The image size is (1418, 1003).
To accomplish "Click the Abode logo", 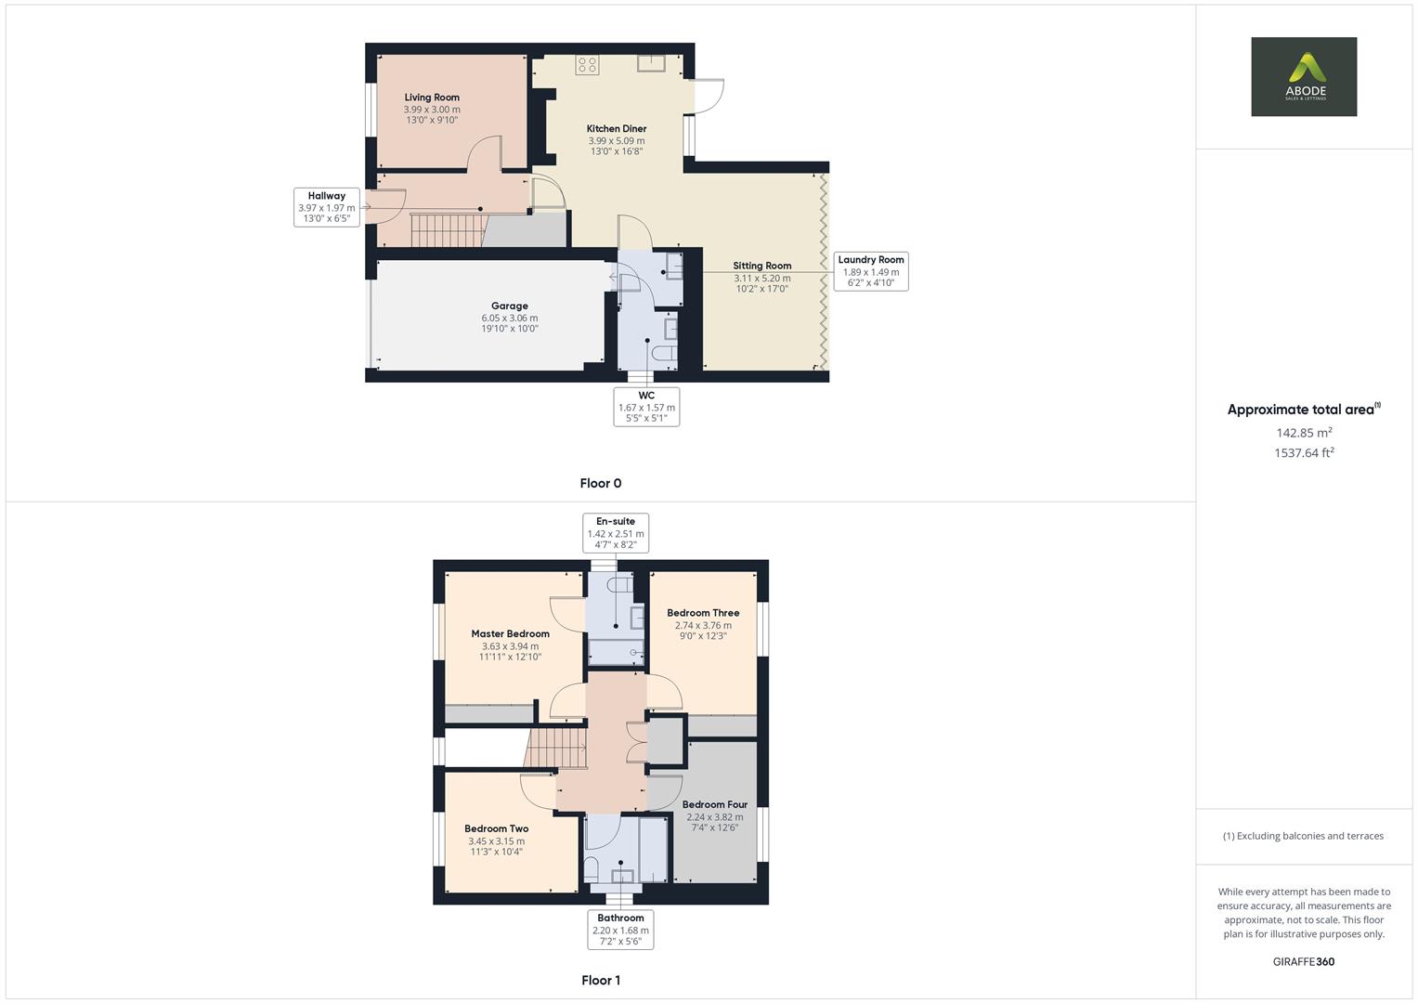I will click(1303, 76).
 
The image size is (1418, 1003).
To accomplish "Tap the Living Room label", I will click(432, 98).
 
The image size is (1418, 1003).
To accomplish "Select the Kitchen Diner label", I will click(616, 129).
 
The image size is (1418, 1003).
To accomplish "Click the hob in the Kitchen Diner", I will click(587, 64).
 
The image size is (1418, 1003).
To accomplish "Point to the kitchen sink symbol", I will click(650, 62).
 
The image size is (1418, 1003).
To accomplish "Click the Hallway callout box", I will click(327, 208).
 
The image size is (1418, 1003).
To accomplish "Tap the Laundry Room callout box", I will click(870, 271).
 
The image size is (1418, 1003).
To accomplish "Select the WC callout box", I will click(646, 407).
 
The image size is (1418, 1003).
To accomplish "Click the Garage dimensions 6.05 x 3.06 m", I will click(509, 318).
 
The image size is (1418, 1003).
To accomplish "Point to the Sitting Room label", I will click(761, 266).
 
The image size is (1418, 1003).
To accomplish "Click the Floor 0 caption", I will click(600, 483).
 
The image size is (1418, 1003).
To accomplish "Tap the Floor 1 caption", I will click(600, 980).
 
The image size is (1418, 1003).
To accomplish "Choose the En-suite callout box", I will click(616, 533).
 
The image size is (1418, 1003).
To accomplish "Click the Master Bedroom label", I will click(510, 634).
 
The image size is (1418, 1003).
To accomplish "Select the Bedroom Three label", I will click(703, 613).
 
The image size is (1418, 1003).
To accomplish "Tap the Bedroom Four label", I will click(714, 804).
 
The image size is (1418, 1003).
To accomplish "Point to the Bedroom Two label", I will click(496, 828).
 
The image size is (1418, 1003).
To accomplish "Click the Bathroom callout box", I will click(620, 929).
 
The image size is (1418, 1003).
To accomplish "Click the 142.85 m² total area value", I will click(1304, 433).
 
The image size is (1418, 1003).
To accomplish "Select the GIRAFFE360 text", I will click(1303, 961).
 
